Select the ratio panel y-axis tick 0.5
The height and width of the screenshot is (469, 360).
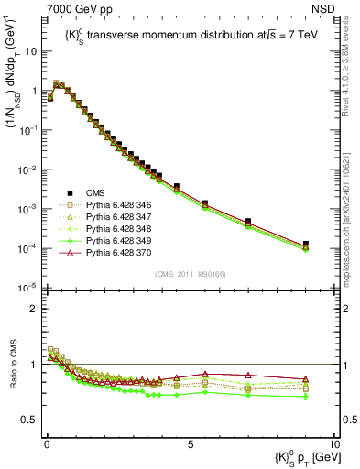[x=32, y=420]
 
